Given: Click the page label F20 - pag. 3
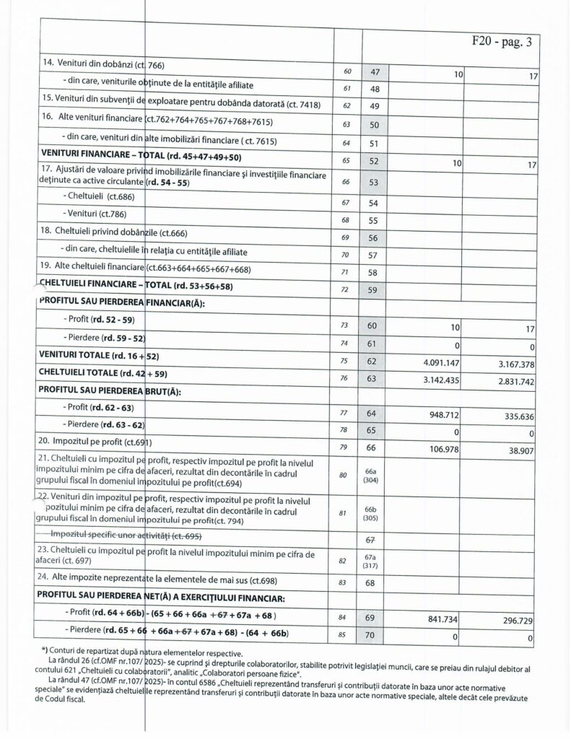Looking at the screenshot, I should click(500, 41).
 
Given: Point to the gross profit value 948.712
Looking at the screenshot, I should click(443, 416).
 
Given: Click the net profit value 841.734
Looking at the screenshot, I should click(443, 620).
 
